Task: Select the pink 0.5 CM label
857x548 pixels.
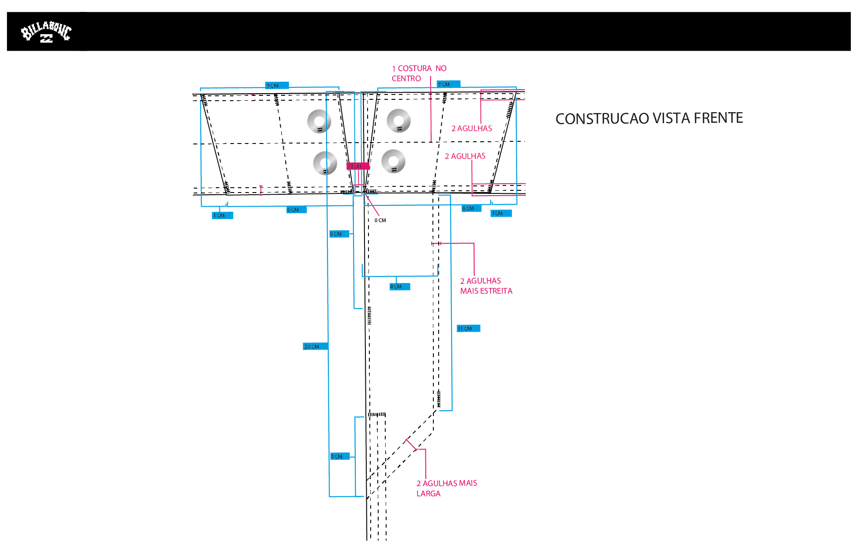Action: [x=357, y=166]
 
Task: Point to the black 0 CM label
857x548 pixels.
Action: [x=380, y=220]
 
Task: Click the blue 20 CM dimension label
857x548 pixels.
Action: [x=315, y=347]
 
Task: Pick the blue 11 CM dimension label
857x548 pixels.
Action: [x=468, y=329]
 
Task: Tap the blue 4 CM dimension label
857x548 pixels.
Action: [x=399, y=287]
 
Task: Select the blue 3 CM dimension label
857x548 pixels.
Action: [x=339, y=457]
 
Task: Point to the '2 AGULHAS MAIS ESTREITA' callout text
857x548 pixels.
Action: [x=485, y=286]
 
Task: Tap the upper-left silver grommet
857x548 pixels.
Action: [x=319, y=121]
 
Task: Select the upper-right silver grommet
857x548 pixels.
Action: [x=398, y=121]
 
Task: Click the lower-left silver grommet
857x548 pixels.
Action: [x=325, y=163]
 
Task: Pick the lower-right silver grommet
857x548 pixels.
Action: [x=393, y=161]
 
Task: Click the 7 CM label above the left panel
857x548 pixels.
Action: [x=277, y=86]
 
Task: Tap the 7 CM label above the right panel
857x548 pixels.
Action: [x=448, y=84]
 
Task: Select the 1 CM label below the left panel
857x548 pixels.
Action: [x=222, y=215]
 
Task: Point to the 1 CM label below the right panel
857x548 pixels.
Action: [x=501, y=213]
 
